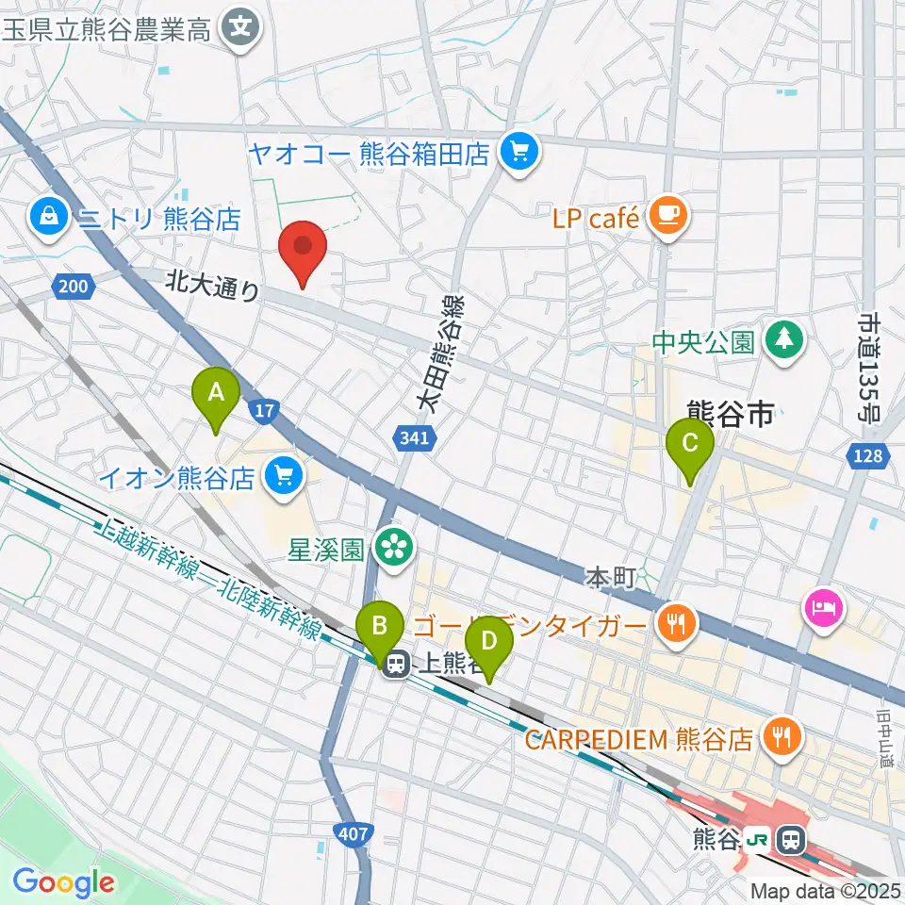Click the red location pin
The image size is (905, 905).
[304, 249]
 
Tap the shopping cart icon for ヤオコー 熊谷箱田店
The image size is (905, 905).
[518, 152]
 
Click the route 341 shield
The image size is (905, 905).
[412, 436]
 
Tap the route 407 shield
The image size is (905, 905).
[354, 833]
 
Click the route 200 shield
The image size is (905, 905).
[73, 286]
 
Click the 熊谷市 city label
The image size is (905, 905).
[731, 412]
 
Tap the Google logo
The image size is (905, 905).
[63, 882]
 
